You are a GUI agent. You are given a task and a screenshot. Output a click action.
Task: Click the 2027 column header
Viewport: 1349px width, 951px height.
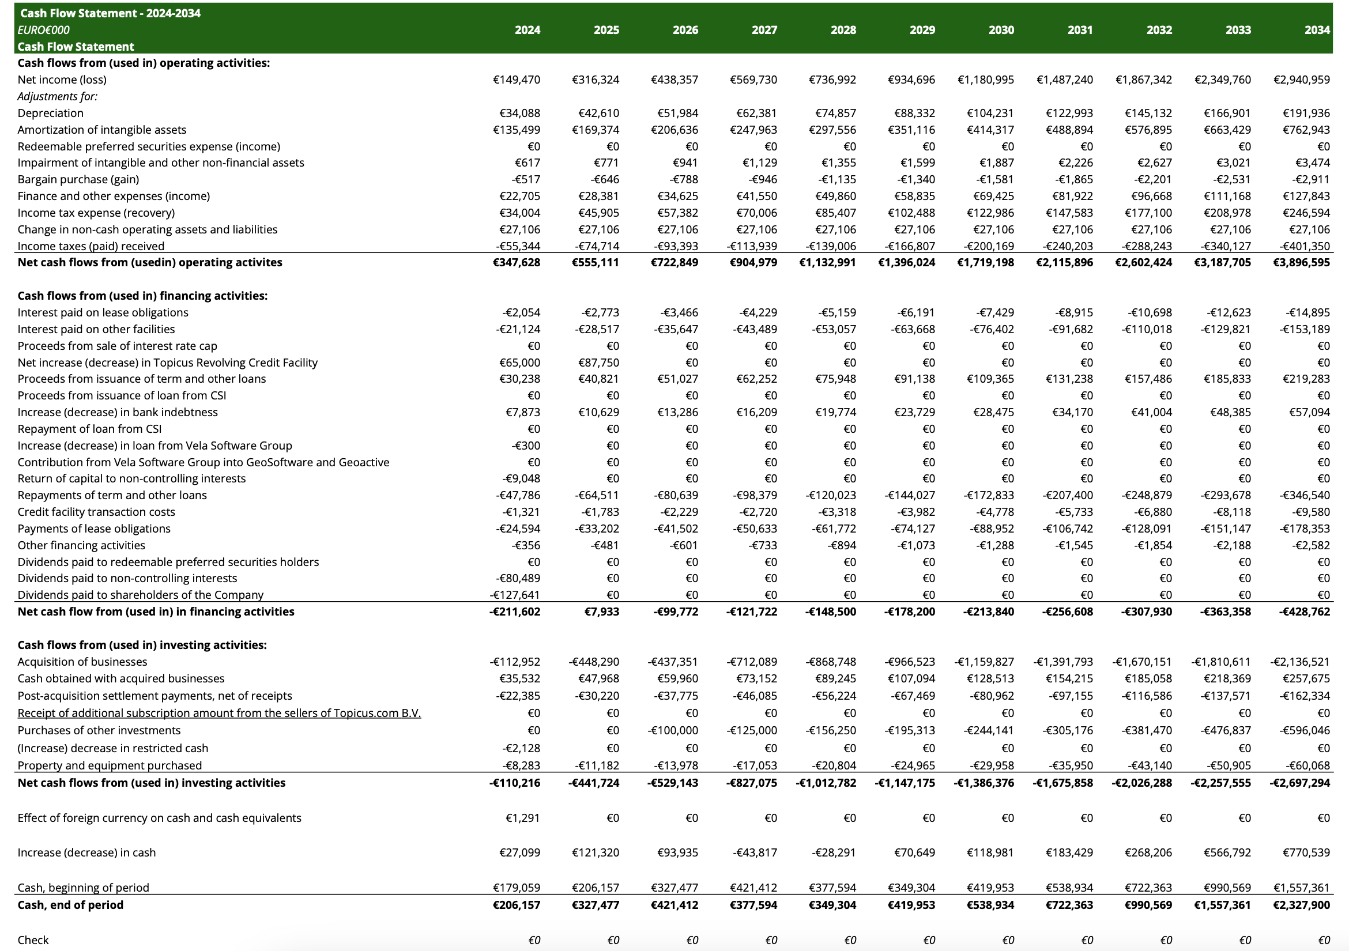coord(764,30)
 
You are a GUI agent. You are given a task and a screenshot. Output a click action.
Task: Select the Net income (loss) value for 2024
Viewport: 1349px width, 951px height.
coord(517,80)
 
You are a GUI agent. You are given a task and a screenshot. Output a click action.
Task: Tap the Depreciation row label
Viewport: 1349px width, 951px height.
coord(51,113)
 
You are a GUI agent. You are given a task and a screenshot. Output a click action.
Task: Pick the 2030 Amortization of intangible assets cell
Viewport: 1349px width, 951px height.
coord(990,130)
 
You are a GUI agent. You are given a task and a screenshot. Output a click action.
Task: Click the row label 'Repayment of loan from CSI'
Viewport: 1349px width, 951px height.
coord(89,429)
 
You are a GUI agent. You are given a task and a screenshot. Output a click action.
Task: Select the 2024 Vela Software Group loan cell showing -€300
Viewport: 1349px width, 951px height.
coord(526,446)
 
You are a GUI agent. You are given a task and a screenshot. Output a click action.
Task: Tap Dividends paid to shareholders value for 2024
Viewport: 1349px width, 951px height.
coord(515,594)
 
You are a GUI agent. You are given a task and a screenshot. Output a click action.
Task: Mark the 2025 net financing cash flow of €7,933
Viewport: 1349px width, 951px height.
coord(602,612)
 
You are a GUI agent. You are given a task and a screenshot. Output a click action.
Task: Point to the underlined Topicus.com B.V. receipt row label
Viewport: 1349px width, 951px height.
coord(219,713)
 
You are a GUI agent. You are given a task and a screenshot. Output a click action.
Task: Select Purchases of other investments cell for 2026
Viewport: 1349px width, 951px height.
coord(673,730)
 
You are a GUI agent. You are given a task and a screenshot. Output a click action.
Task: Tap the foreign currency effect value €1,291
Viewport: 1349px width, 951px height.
coord(522,818)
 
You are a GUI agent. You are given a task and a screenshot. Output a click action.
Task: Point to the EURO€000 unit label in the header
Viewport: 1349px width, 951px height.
coord(43,30)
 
